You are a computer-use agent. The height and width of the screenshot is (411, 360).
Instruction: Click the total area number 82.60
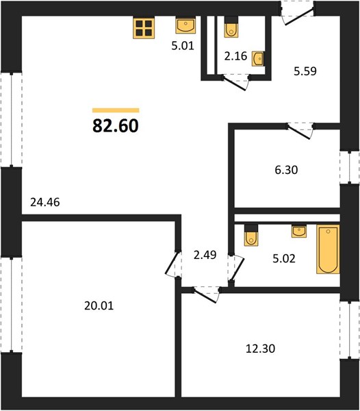116,125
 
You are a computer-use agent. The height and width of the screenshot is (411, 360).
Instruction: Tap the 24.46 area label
45,202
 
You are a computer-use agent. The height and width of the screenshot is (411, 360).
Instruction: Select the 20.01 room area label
99,306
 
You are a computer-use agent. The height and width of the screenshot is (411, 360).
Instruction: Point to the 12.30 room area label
261,349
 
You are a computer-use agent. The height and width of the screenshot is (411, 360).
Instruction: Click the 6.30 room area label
286,170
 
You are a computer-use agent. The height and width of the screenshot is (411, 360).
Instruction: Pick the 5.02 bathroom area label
284,258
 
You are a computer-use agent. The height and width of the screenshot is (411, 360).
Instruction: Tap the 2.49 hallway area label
205,255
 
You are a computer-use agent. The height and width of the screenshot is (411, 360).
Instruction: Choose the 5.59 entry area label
305,71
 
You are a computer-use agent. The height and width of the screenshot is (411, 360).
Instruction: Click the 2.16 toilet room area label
235,56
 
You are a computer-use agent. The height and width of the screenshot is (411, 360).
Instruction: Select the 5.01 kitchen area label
183,46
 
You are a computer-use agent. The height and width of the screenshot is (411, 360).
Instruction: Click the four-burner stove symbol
144,28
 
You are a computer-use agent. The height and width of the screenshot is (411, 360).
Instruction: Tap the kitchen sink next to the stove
185,25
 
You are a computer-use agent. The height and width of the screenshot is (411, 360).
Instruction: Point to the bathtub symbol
328,249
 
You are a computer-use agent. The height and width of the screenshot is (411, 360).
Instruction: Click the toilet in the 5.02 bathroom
251,236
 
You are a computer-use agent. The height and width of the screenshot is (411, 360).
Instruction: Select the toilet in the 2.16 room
231,27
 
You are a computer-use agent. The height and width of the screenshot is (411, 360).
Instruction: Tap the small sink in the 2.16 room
258,59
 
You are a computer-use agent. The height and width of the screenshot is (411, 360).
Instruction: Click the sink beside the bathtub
299,232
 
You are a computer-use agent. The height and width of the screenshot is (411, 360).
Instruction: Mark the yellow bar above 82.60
116,110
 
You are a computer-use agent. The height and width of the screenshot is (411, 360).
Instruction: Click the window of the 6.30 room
350,167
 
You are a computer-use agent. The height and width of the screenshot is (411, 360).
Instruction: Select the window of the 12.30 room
350,329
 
